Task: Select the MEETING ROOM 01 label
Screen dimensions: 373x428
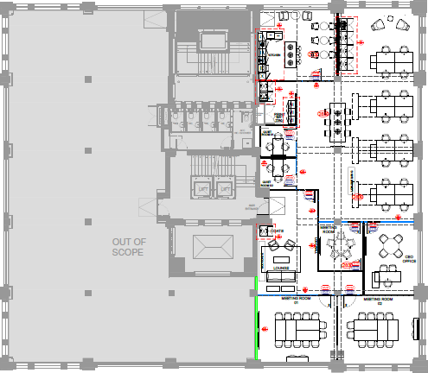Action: [295, 299]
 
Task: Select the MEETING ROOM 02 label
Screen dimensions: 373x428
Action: [378, 299]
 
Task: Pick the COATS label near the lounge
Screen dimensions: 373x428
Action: [278, 231]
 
